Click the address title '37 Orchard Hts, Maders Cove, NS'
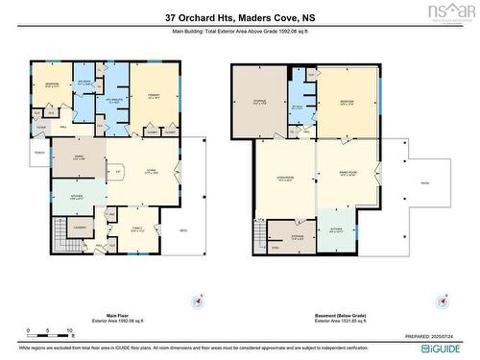[240, 17]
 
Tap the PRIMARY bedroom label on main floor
[151, 96]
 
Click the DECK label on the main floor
[182, 229]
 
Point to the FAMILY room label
[137, 228]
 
